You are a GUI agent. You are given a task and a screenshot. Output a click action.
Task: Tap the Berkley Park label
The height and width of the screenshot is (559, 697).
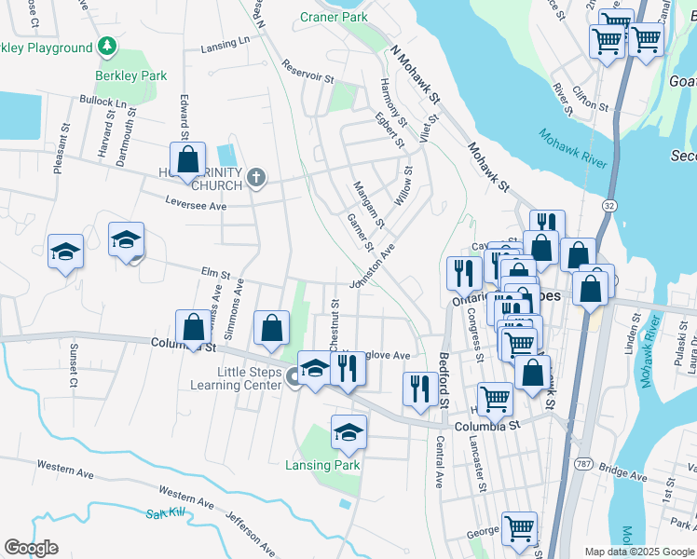pos(131,75)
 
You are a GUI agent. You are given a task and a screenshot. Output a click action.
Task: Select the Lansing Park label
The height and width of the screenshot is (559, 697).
pos(321,465)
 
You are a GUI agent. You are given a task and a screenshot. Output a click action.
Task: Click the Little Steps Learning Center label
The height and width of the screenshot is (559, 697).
pos(237,378)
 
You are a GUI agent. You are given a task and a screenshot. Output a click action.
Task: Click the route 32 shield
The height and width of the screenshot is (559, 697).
pos(608,204)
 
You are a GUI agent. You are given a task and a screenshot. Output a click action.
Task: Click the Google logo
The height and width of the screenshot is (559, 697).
pos(31,548)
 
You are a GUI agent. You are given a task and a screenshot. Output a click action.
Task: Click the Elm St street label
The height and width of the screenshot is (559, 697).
pos(215,272)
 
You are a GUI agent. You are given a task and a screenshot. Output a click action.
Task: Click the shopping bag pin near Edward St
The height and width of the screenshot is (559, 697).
pos(188,159)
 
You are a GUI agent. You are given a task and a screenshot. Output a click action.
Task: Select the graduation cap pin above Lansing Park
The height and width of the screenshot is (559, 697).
pos(348,432)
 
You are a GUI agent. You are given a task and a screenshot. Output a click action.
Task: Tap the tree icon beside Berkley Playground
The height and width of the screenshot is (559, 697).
pos(108,46)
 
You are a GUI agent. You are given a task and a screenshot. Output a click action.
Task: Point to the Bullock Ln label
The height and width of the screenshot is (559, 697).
pos(102,101)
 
